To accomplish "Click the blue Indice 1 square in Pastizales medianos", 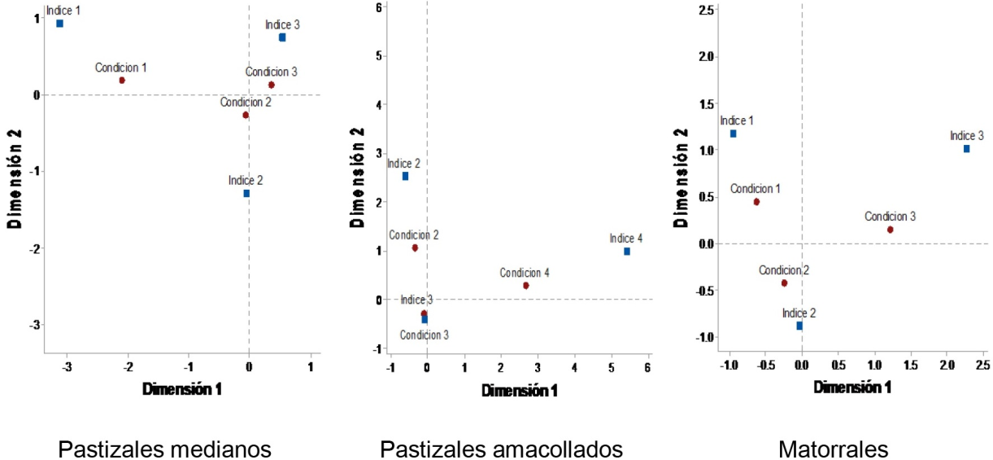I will pyautogui.click(x=59, y=24).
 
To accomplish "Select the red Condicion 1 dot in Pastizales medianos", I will pyautogui.click(x=122, y=81).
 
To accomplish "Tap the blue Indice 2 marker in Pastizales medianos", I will pyautogui.click(x=246, y=194).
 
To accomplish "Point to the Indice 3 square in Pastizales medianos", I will pyautogui.click(x=282, y=37).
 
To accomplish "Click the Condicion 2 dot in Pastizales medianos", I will pyautogui.click(x=246, y=116).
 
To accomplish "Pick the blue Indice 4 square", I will pyautogui.click(x=627, y=252).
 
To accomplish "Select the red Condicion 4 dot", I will pyautogui.click(x=526, y=286).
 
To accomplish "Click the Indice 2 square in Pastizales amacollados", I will pyautogui.click(x=405, y=176).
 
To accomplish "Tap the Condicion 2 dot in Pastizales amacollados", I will pyautogui.click(x=415, y=248).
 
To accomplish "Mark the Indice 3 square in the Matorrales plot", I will pyautogui.click(x=966, y=149).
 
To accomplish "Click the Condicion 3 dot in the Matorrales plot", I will pyautogui.click(x=890, y=230).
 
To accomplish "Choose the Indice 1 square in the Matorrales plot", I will pyautogui.click(x=733, y=134).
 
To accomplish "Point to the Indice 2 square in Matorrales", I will pyautogui.click(x=799, y=326).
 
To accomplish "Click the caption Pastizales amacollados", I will pyautogui.click(x=501, y=449).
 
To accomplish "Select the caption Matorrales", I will pyautogui.click(x=833, y=449).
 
